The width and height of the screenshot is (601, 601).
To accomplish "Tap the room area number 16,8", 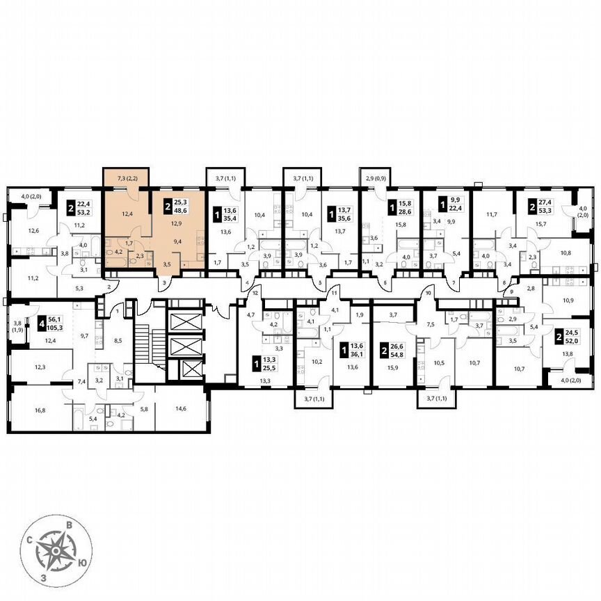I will pyautogui.click(x=40, y=410).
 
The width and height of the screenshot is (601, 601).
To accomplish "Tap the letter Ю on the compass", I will pyautogui.click(x=82, y=562).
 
